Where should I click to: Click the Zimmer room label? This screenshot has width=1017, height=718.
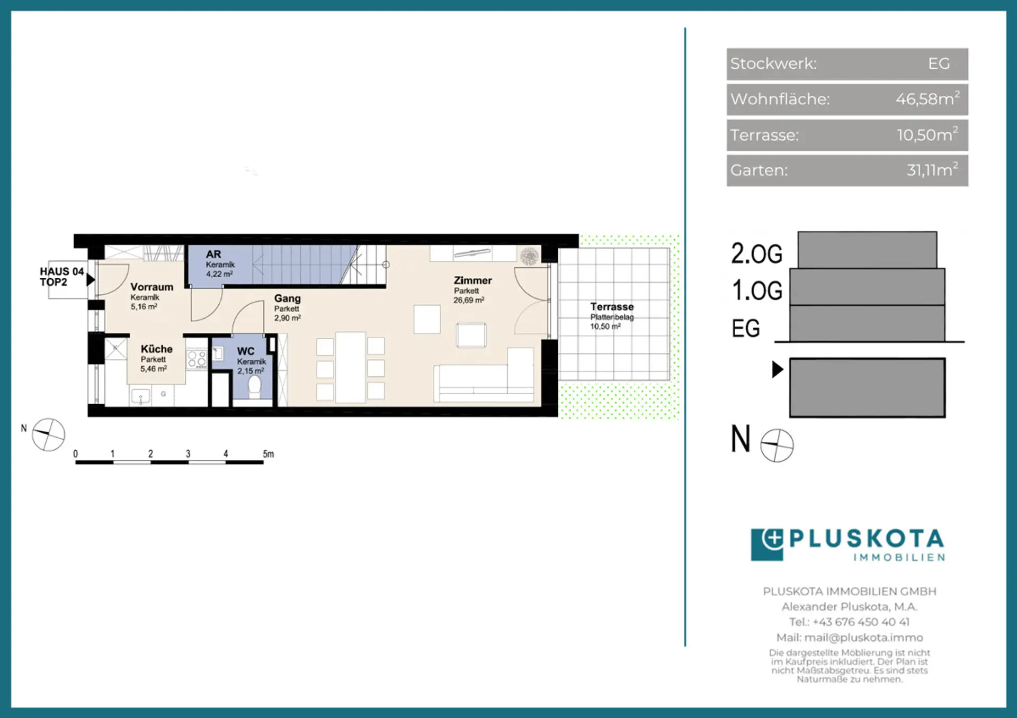click(472, 280)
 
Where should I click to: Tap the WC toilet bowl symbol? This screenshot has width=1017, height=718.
click(255, 386)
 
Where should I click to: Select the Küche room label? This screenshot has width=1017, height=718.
click(157, 349)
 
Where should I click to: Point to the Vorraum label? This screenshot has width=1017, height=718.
click(152, 287)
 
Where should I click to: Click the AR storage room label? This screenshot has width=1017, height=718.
click(213, 254)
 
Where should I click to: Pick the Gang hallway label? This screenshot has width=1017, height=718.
click(288, 298)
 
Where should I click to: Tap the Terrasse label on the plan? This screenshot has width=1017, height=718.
click(612, 307)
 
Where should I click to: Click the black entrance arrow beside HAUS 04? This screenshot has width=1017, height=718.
click(91, 279)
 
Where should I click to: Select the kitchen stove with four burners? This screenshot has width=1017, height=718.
click(197, 359)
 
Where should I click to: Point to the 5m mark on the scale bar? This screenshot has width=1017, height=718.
click(269, 454)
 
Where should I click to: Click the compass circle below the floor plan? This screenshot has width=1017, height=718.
click(49, 435)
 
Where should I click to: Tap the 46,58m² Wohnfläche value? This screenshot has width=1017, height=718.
click(927, 98)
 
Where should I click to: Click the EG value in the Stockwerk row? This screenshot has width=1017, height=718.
click(939, 63)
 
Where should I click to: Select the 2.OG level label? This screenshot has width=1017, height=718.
click(756, 253)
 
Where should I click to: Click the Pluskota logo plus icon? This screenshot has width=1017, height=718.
click(773, 539)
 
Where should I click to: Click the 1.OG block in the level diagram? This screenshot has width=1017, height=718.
click(867, 287)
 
